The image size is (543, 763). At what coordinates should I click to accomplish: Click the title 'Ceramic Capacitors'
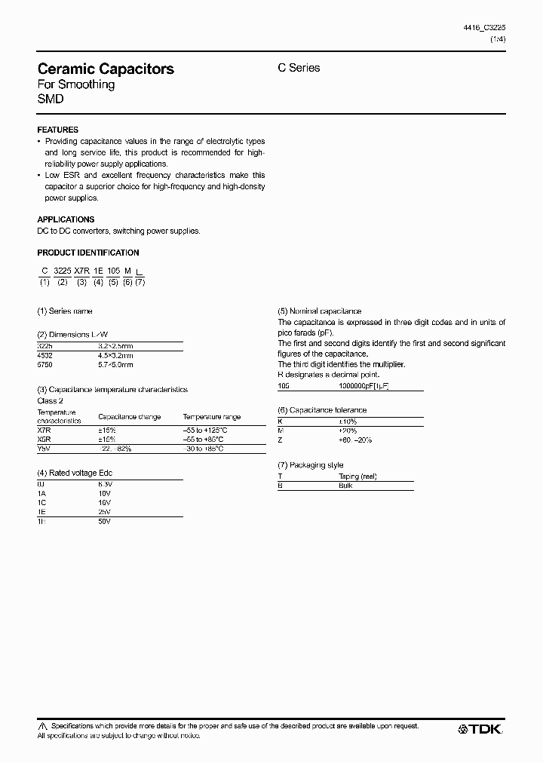coord(106,69)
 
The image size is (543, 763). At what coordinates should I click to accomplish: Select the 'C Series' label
coord(299,68)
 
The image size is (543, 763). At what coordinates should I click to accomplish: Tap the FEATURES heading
coord(58,130)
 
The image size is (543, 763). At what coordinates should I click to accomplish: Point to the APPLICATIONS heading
coord(66,219)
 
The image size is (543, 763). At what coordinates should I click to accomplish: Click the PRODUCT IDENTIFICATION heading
coord(88,253)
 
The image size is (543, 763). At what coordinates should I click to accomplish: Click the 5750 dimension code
coord(45,364)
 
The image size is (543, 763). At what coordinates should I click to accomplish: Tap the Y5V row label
coord(44,449)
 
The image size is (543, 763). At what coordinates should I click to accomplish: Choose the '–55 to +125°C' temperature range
coord(205,429)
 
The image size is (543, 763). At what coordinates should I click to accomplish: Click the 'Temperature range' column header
coord(211,416)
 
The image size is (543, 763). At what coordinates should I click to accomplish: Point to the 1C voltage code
coord(41,501)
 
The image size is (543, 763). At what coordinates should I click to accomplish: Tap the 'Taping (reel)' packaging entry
coord(358,476)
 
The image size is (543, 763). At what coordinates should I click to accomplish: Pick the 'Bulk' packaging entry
coord(346,486)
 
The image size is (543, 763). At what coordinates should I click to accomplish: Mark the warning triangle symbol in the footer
coord(42,726)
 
